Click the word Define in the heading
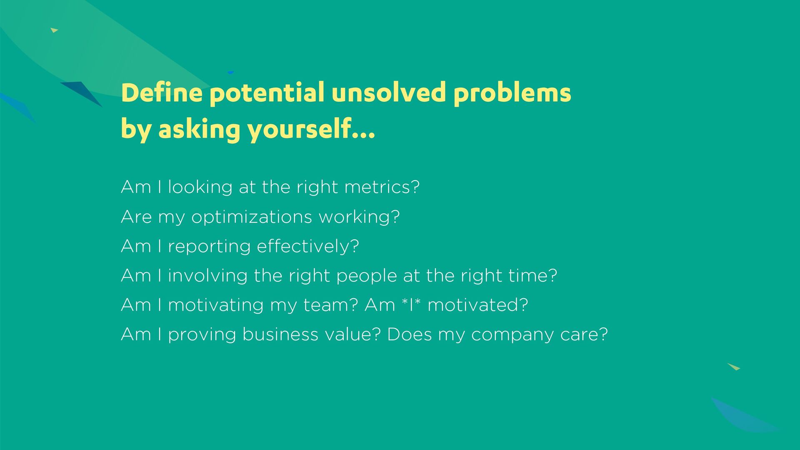point(162,92)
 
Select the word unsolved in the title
point(389,92)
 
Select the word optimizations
point(252,217)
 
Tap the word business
point(280,334)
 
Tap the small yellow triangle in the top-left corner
point(54,30)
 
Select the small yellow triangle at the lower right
point(734,367)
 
